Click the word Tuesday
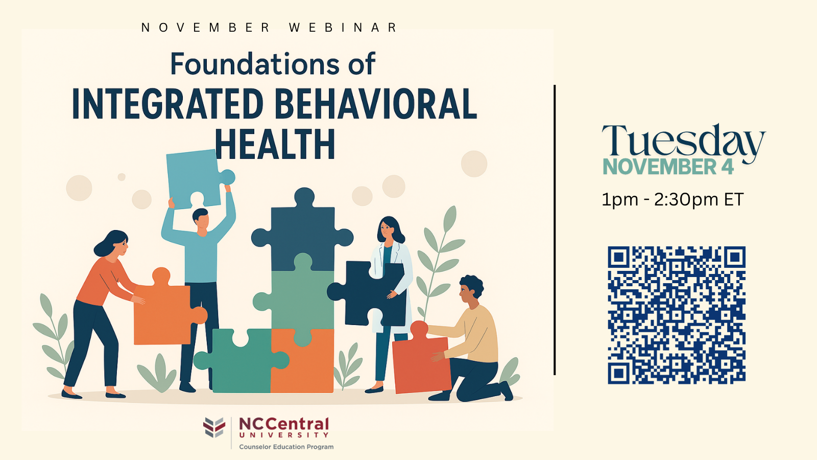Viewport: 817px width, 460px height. pos(683,142)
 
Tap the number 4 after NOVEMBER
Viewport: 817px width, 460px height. pos(727,167)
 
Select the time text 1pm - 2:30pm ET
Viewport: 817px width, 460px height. pos(672,199)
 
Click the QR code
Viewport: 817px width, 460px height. pos(677,315)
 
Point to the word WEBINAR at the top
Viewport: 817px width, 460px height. pos(343,28)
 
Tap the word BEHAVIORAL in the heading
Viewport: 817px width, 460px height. pos(375,105)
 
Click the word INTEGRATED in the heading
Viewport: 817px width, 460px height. pos(167,105)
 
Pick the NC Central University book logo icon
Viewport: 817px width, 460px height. pos(214,427)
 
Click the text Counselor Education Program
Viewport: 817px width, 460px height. pos(286,447)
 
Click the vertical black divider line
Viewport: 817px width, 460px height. pos(555,230)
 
